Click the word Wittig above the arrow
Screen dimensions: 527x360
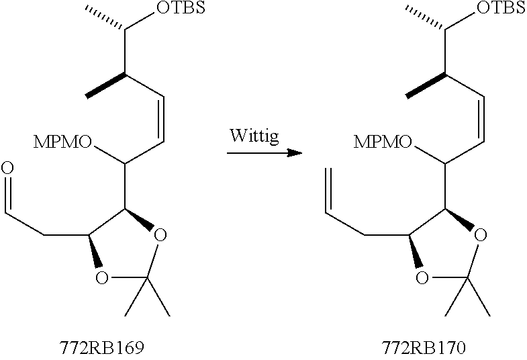click(x=256, y=136)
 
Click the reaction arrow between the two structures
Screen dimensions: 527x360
click(x=262, y=154)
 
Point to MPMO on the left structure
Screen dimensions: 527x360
click(x=65, y=142)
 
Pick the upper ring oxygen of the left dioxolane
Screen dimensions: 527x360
click(x=158, y=235)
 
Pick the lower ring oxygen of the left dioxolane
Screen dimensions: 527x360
click(x=101, y=277)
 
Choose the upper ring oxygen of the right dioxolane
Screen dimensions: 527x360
click(x=479, y=235)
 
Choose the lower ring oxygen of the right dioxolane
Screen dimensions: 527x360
click(x=422, y=277)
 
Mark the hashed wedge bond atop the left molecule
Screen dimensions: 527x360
click(x=106, y=18)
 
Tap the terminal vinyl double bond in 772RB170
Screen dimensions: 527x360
click(x=328, y=191)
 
